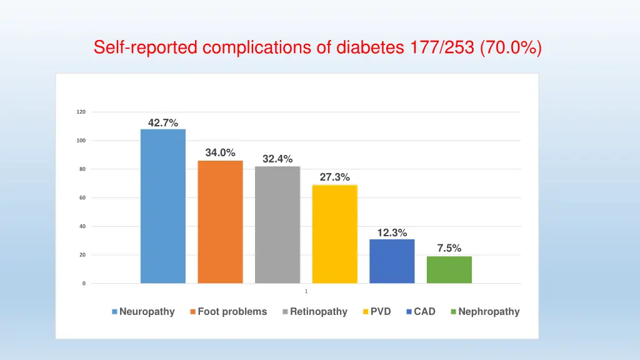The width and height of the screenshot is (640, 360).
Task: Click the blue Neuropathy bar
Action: [x=162, y=206]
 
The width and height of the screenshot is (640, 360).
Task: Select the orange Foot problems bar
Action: [x=220, y=222]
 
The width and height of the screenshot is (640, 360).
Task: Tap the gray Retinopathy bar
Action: [x=277, y=224]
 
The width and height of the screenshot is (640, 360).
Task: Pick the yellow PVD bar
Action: [x=334, y=234]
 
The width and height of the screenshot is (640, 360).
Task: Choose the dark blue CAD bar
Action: [x=392, y=261]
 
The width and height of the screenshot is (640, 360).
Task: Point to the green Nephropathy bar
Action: [x=449, y=269]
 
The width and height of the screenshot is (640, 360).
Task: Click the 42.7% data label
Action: [x=162, y=123]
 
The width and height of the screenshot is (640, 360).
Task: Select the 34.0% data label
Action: [x=220, y=152]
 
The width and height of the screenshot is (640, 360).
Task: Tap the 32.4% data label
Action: [x=277, y=159]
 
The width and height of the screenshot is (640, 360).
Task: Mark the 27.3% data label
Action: [x=334, y=177]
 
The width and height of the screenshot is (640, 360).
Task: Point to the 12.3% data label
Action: [x=392, y=233]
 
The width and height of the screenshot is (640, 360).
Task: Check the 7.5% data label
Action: [x=449, y=248]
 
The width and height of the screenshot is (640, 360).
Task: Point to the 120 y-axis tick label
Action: [x=81, y=112]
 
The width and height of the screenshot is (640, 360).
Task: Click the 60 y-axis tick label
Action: [x=82, y=198]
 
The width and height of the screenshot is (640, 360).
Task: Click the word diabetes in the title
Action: [x=369, y=47]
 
